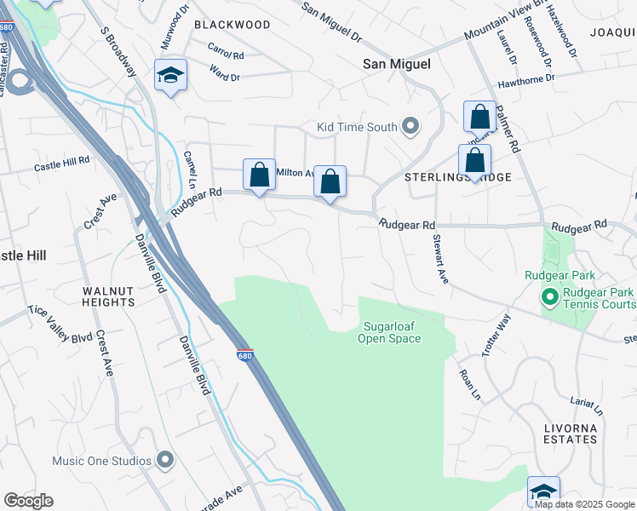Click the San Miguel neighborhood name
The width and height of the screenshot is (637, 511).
pos(397,64)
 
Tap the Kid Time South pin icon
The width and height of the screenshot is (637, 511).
pos(411,128)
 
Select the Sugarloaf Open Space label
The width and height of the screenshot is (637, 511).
pos(393,332)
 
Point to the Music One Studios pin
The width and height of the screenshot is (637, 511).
pos(165,462)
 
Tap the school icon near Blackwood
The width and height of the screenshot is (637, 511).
pos(170,76)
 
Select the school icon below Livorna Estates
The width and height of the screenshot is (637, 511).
pos(543,491)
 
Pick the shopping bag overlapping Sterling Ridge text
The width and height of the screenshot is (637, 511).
pos(474,160)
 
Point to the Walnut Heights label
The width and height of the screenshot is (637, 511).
pos(109,296)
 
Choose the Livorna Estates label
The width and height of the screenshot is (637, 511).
pos(570,433)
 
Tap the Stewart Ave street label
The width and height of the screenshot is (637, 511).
pos(439,259)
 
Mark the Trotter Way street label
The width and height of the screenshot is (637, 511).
pos(495,336)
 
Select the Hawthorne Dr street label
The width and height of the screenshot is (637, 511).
pos(526,78)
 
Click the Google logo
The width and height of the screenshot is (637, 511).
pos(28,501)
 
